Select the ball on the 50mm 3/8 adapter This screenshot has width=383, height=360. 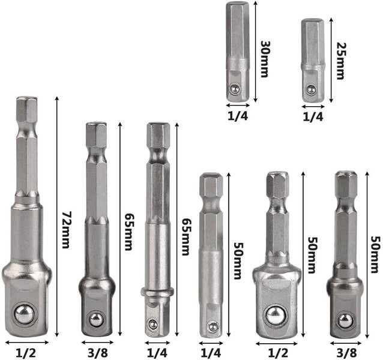click(345, 320)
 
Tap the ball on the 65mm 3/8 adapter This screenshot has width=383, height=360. click(95, 319)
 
